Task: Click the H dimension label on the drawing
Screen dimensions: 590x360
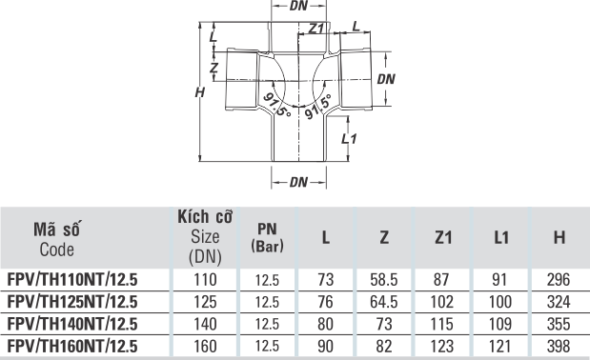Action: (x=200, y=92)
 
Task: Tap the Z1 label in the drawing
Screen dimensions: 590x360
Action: (x=316, y=29)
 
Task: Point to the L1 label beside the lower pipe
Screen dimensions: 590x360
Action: (x=349, y=139)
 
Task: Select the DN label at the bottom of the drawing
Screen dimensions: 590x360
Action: (x=298, y=182)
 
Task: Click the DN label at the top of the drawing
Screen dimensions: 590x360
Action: (x=298, y=6)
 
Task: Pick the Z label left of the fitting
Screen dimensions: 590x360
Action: (x=214, y=68)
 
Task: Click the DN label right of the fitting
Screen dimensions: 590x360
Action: (x=386, y=79)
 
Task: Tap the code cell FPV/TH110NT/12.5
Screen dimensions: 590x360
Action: (x=72, y=280)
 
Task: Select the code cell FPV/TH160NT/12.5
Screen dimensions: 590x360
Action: (x=72, y=346)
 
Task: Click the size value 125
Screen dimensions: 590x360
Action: (x=205, y=302)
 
